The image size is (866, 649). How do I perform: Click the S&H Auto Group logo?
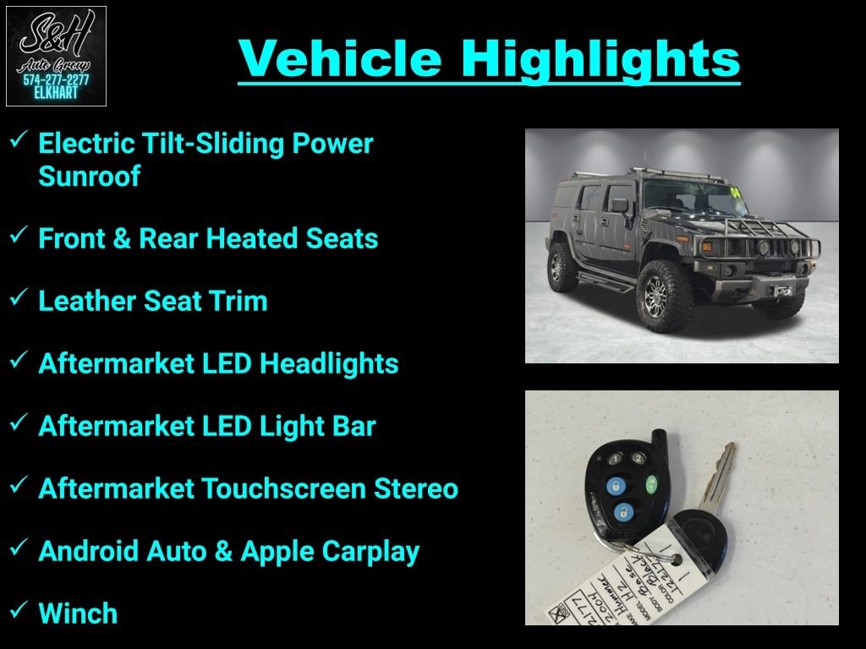coord(56,56)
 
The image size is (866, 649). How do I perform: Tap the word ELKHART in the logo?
coord(56,93)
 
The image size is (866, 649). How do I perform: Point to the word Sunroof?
coord(89,177)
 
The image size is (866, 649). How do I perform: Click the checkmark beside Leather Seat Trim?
coord(19,299)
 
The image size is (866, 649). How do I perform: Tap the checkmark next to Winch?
coord(19,611)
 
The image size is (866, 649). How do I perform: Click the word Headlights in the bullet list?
coord(329,363)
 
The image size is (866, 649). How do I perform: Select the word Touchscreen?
coord(305,488)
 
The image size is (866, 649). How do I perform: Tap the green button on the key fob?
coord(651,485)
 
